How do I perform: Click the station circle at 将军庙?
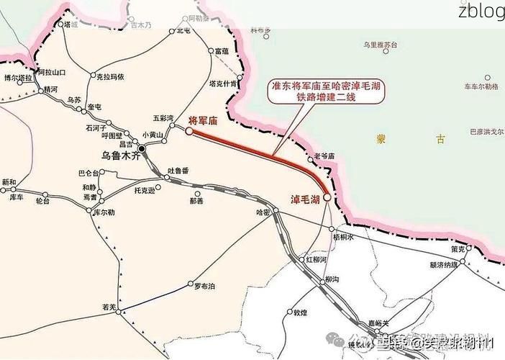(x=189, y=131)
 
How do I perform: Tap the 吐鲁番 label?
(x=178, y=171)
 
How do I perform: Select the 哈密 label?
(x=263, y=212)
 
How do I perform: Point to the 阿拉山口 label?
(x=51, y=72)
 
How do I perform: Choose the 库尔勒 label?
(x=106, y=212)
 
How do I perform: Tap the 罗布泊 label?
(x=205, y=286)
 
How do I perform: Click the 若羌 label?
(x=109, y=307)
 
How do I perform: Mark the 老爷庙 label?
(x=325, y=156)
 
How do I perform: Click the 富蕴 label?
(x=222, y=51)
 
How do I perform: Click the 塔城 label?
(x=70, y=24)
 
